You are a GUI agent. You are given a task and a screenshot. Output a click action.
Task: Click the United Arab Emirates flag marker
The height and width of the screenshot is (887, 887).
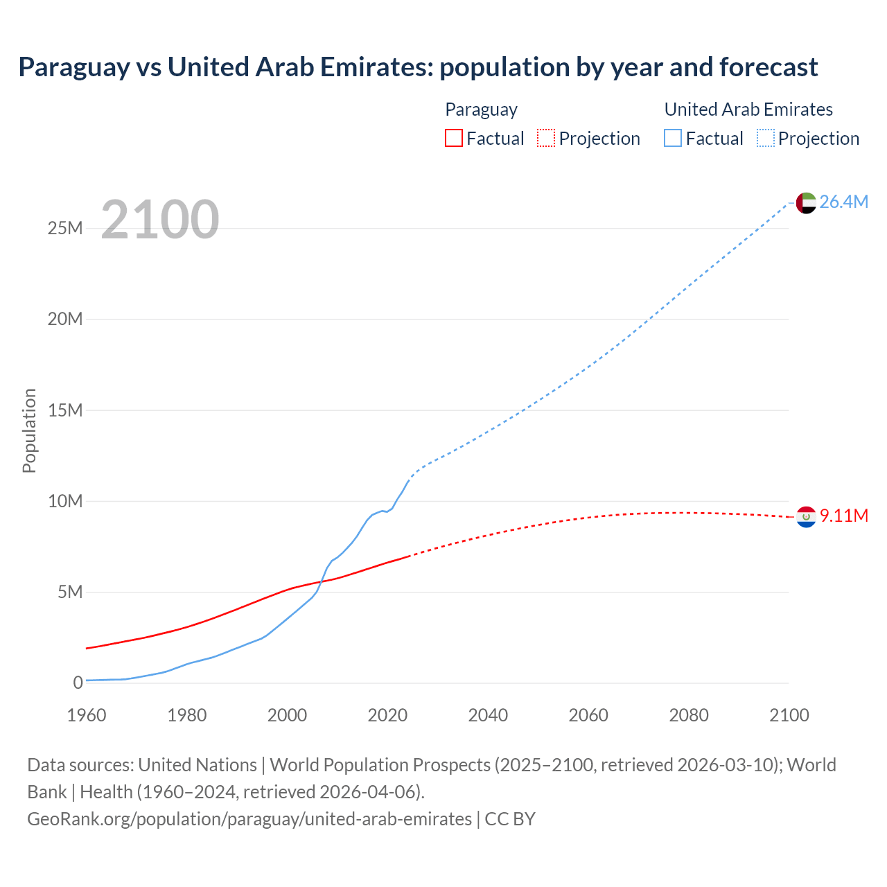(806, 202)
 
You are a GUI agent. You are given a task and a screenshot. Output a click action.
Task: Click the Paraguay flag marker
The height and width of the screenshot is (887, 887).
(806, 516)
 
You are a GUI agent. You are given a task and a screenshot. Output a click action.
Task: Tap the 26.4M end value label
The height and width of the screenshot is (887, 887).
(843, 202)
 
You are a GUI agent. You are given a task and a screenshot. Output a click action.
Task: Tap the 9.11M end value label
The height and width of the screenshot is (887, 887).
(843, 516)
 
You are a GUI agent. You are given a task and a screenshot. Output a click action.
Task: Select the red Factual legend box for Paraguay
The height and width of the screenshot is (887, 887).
(453, 139)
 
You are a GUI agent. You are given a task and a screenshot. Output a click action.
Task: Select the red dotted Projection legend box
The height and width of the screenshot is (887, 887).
(546, 139)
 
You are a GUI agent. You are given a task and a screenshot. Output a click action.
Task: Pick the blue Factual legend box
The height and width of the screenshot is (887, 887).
(672, 139)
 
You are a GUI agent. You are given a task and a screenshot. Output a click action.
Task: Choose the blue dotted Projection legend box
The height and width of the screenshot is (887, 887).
(766, 139)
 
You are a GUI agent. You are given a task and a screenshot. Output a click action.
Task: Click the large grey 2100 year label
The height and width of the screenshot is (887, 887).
(160, 220)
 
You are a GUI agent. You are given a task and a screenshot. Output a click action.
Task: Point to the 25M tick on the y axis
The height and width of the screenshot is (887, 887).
(65, 228)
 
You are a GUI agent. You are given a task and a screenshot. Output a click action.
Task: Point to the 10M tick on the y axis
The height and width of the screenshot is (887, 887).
(65, 501)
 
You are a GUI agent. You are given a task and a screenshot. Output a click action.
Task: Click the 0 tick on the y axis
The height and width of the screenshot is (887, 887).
(78, 683)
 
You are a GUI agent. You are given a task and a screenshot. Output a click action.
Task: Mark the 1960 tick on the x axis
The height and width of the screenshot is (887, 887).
(87, 715)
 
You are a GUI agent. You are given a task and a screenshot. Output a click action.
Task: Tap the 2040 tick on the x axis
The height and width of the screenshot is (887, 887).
(488, 715)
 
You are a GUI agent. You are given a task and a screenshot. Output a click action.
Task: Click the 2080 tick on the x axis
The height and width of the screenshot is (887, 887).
(689, 715)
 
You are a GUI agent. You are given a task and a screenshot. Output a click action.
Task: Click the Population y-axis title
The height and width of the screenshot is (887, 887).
(29, 430)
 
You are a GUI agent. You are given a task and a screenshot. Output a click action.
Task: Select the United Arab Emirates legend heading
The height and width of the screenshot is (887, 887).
(748, 109)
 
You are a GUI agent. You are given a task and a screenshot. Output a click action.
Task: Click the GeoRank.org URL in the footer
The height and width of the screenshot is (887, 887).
(249, 819)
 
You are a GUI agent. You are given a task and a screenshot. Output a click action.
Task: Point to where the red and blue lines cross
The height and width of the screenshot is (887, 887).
(322, 581)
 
